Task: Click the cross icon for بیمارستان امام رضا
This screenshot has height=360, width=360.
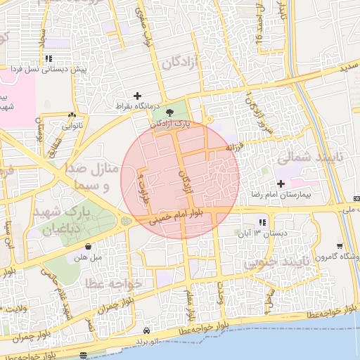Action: [x=281, y=184]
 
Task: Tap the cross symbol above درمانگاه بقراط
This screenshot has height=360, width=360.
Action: [x=137, y=96]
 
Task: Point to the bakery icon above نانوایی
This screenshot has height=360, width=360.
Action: [x=72, y=116]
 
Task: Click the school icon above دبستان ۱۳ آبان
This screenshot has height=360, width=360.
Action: [x=262, y=223]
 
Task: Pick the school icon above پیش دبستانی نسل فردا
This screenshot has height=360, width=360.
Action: [x=48, y=59]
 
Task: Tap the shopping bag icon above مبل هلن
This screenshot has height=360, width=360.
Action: [x=88, y=247]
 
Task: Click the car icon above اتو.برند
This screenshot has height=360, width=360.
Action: [x=146, y=330]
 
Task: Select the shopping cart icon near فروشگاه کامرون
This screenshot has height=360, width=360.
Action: [x=340, y=246]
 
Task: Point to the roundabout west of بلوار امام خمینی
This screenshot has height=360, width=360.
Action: [x=125, y=221]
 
